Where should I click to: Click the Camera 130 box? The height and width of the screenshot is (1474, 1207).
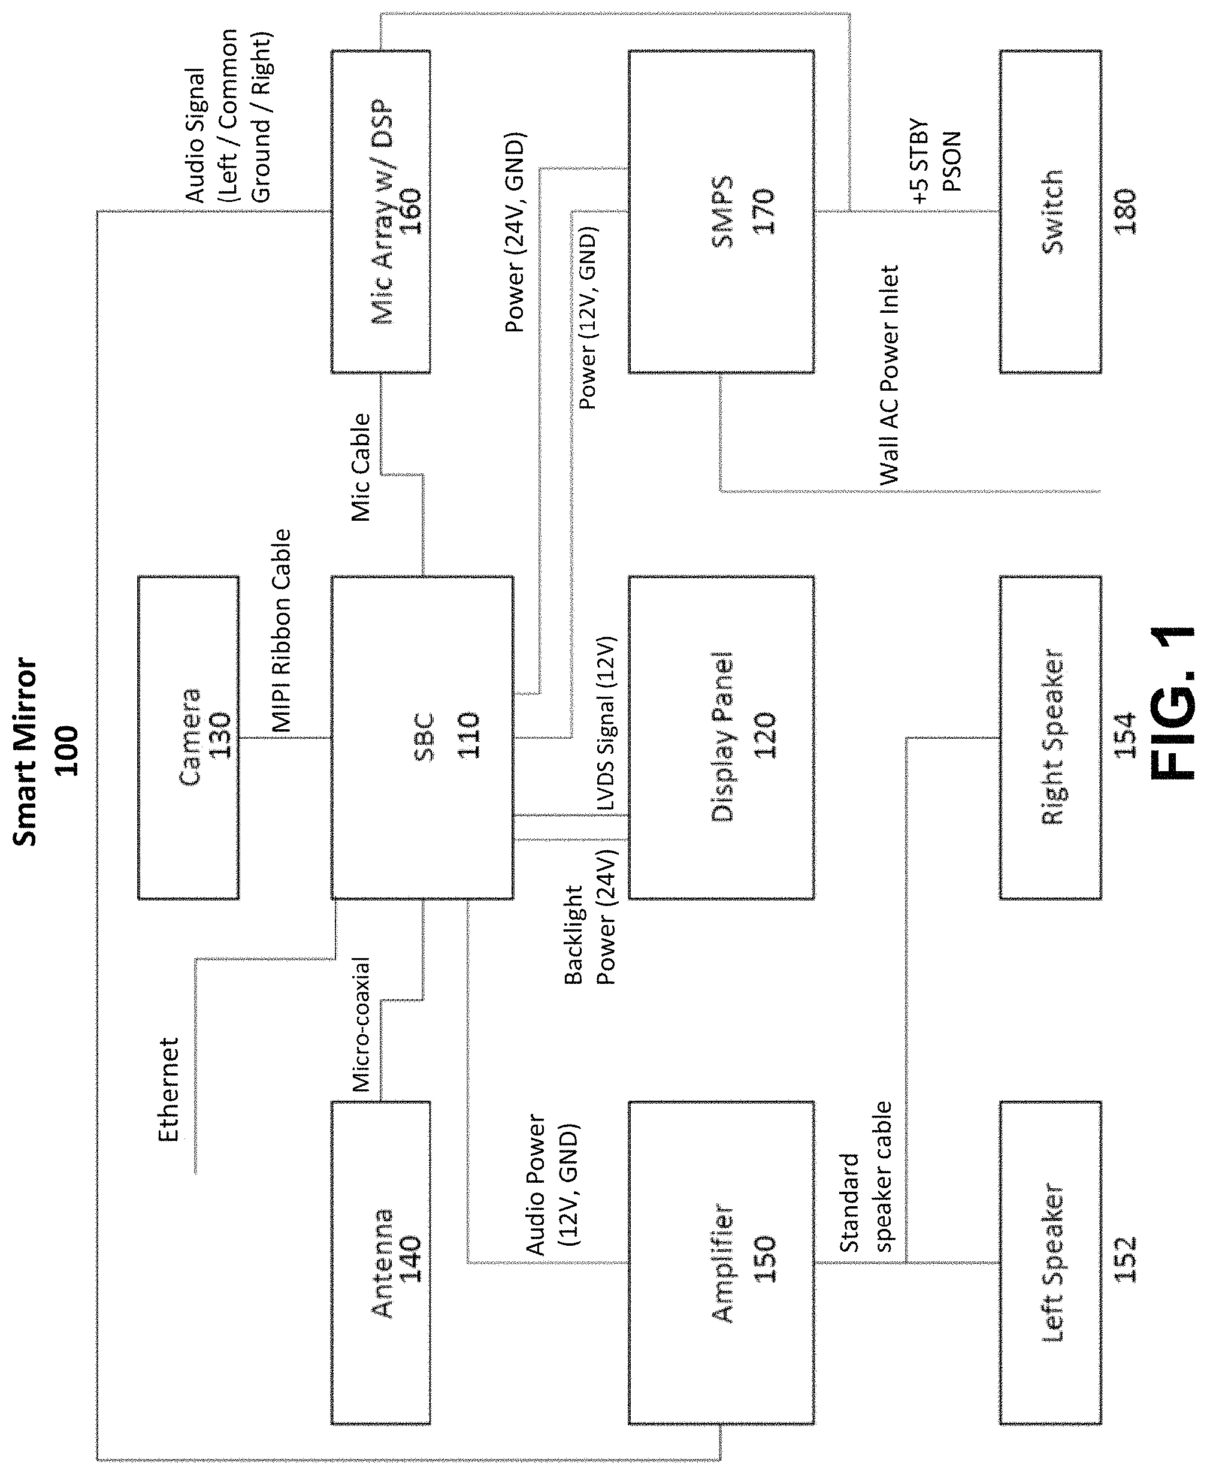coord(189,738)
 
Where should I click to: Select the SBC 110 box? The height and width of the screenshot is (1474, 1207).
coord(422,738)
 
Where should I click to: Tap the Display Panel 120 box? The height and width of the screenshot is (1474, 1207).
coord(721,738)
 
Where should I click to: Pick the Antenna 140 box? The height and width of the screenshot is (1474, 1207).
coord(380,1262)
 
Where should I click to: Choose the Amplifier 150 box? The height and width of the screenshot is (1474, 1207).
coord(721,1262)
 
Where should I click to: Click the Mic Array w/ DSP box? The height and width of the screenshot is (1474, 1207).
coord(380,212)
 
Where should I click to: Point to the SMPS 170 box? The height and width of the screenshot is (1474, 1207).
coord(721,212)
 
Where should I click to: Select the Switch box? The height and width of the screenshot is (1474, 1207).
coord(1051,212)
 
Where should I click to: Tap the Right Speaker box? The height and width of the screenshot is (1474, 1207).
coord(1051,738)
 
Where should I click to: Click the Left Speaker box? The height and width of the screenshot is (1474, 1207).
coord(1051,1262)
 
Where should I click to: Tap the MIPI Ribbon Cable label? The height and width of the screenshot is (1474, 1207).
coord(280,630)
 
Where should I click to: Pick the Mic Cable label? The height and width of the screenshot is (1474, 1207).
coord(360,467)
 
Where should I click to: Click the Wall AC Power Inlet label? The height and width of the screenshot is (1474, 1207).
coord(890,375)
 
